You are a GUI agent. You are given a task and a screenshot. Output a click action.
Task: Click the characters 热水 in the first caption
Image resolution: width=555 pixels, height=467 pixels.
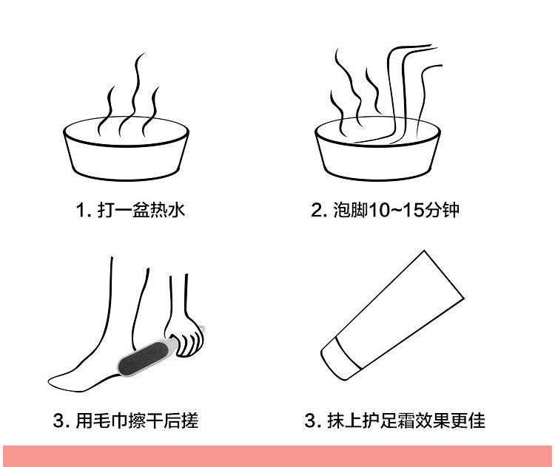pyautogui.click(x=166, y=211)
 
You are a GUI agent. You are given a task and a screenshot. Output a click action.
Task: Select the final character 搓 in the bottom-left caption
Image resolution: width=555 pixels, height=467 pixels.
pyautogui.click(x=189, y=422)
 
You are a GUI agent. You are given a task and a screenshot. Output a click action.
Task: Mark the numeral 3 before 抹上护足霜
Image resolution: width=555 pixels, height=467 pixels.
pyautogui.click(x=310, y=422)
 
